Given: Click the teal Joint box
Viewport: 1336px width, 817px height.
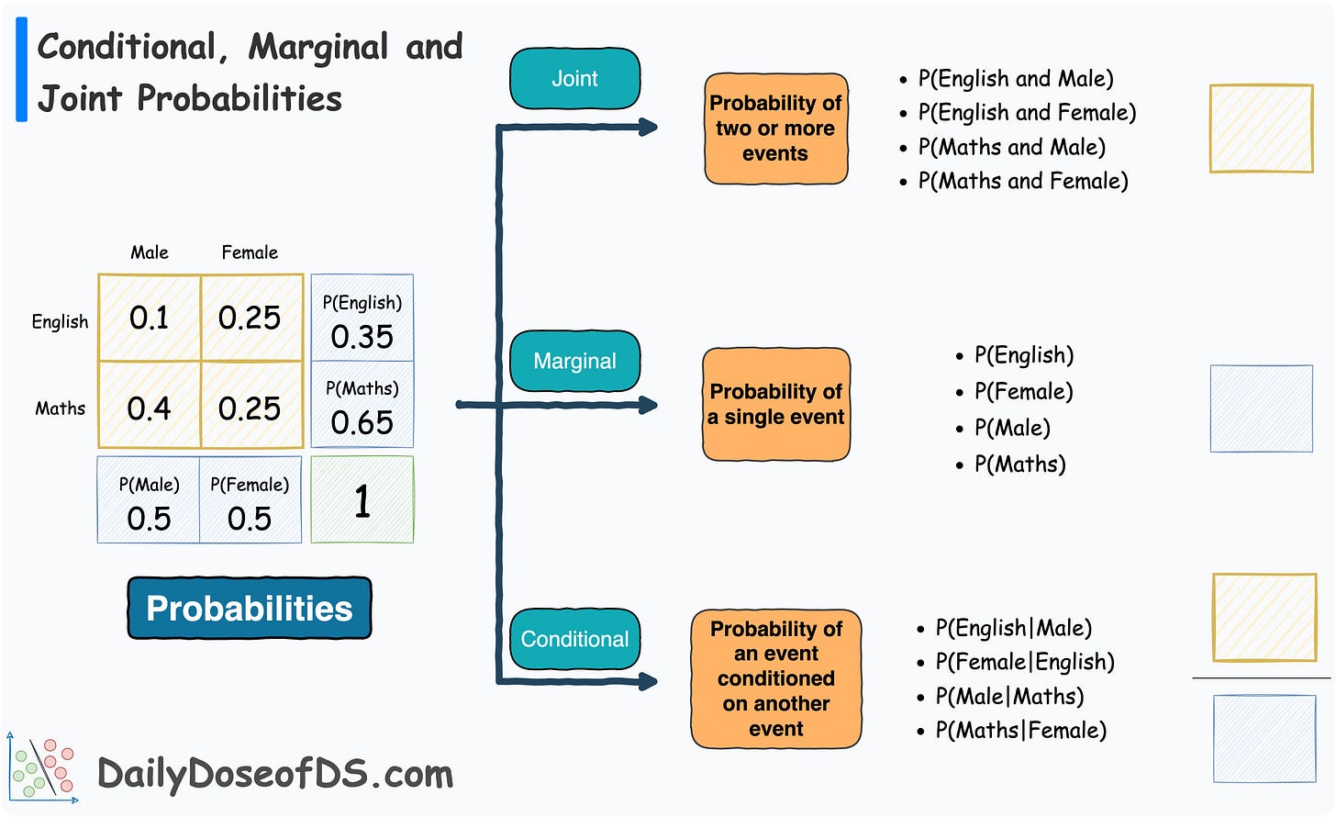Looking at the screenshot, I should pos(574,79).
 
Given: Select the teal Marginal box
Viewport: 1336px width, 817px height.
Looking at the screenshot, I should pos(574,361).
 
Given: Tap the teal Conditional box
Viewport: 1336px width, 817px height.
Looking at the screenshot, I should pos(574,639).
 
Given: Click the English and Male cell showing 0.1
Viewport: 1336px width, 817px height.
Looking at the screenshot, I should pos(150,318).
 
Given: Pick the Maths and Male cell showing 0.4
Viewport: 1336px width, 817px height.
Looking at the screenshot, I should pos(150,407).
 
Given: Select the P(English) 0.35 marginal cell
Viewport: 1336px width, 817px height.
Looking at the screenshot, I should pos(362,319).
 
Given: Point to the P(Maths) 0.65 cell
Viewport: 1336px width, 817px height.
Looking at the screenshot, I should pos(362,406).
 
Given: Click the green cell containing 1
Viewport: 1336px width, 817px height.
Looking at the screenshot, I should pos(362,500).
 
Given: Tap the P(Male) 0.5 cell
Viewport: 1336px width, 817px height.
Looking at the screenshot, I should pos(149,501).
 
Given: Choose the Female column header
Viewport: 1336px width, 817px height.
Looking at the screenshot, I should pos(250,252).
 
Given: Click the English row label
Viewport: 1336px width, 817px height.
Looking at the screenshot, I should pos(61,321).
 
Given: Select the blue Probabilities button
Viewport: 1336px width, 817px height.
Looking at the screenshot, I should pos(250,608).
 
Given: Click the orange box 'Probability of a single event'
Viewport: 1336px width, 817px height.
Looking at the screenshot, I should pos(775,404).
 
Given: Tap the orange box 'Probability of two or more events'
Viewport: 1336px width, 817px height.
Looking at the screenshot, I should pos(775,129).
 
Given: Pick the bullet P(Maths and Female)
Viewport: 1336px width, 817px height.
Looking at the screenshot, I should pos(1022,181).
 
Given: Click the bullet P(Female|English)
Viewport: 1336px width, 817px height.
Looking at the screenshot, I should pos(1024,662).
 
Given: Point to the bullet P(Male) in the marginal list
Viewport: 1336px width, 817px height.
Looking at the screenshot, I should pos(1012,428).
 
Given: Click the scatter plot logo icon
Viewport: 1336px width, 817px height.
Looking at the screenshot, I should pos(42,767).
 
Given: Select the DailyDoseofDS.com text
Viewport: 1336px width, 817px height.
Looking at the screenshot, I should pos(275,774).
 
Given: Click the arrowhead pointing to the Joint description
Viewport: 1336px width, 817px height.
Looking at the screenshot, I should pos(648,127).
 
